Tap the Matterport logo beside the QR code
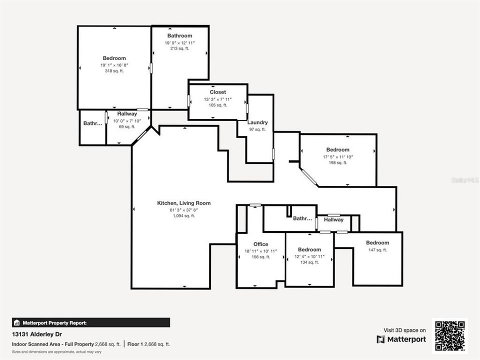point(401,339)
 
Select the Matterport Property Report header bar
point(91,322)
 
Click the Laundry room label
point(257,122)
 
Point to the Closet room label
point(217,92)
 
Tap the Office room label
point(260,244)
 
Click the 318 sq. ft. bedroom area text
point(114,71)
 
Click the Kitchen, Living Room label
point(183,203)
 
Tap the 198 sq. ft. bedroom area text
point(337,162)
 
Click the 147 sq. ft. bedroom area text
point(377,249)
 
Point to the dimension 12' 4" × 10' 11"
point(309,256)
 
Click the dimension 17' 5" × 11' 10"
point(337,156)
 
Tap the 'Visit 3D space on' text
point(404,330)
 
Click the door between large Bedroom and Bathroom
point(151,68)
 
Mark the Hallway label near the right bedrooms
point(333,219)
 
